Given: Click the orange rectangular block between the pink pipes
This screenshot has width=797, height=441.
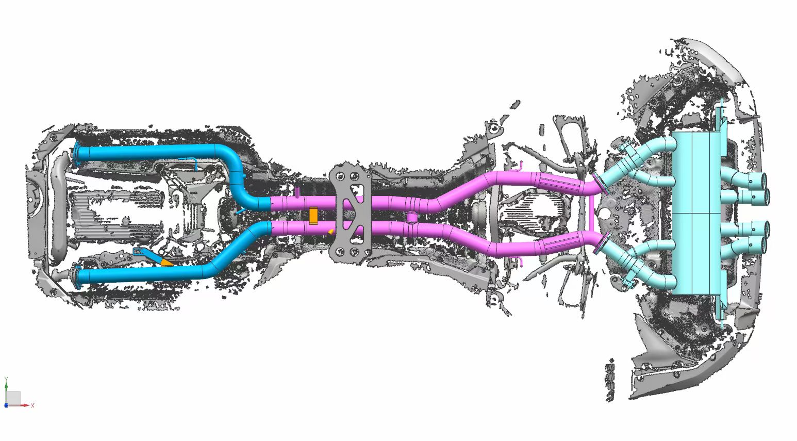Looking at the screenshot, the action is point(313,216).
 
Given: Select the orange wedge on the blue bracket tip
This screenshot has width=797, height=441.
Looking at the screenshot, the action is point(166,263).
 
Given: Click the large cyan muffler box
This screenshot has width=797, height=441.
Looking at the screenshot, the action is point(698,213).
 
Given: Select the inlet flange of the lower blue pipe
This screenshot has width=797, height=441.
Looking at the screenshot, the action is point(76,276).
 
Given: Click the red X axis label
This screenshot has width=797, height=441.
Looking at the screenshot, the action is point(32,405).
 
